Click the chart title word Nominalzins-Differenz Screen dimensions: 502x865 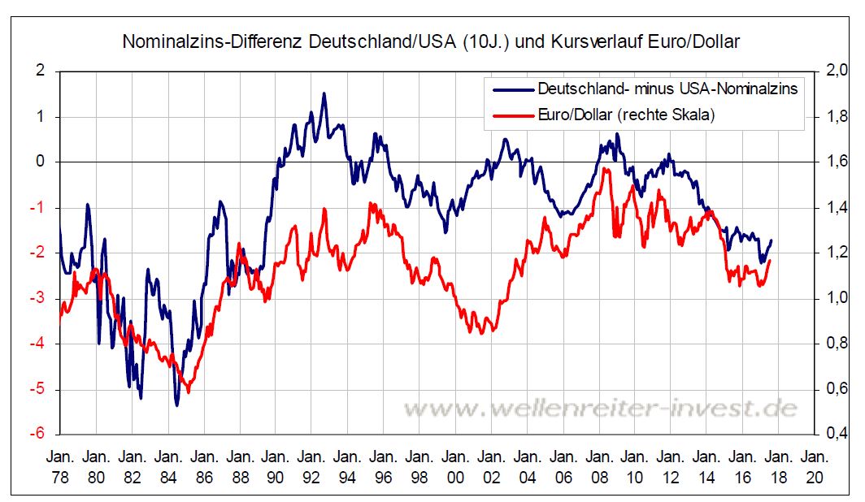(x=214, y=41)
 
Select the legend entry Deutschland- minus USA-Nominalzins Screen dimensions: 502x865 (x=667, y=88)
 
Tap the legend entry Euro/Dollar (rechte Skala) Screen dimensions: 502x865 (x=626, y=115)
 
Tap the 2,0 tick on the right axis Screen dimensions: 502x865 (x=837, y=71)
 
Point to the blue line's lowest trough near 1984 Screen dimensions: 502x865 (x=176, y=405)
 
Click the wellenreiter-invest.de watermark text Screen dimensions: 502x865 (x=601, y=409)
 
